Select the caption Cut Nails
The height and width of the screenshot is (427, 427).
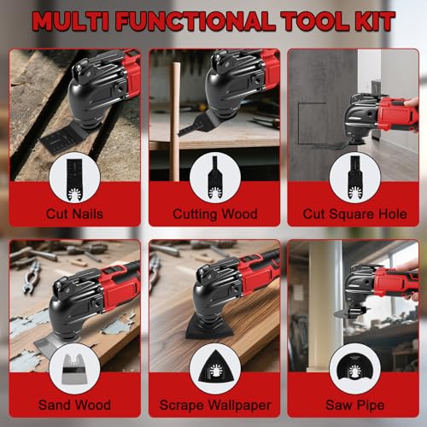coord(74,213)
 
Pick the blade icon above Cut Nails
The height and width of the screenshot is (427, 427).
coord(74,177)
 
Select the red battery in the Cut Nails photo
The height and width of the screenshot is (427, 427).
coord(130,73)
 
